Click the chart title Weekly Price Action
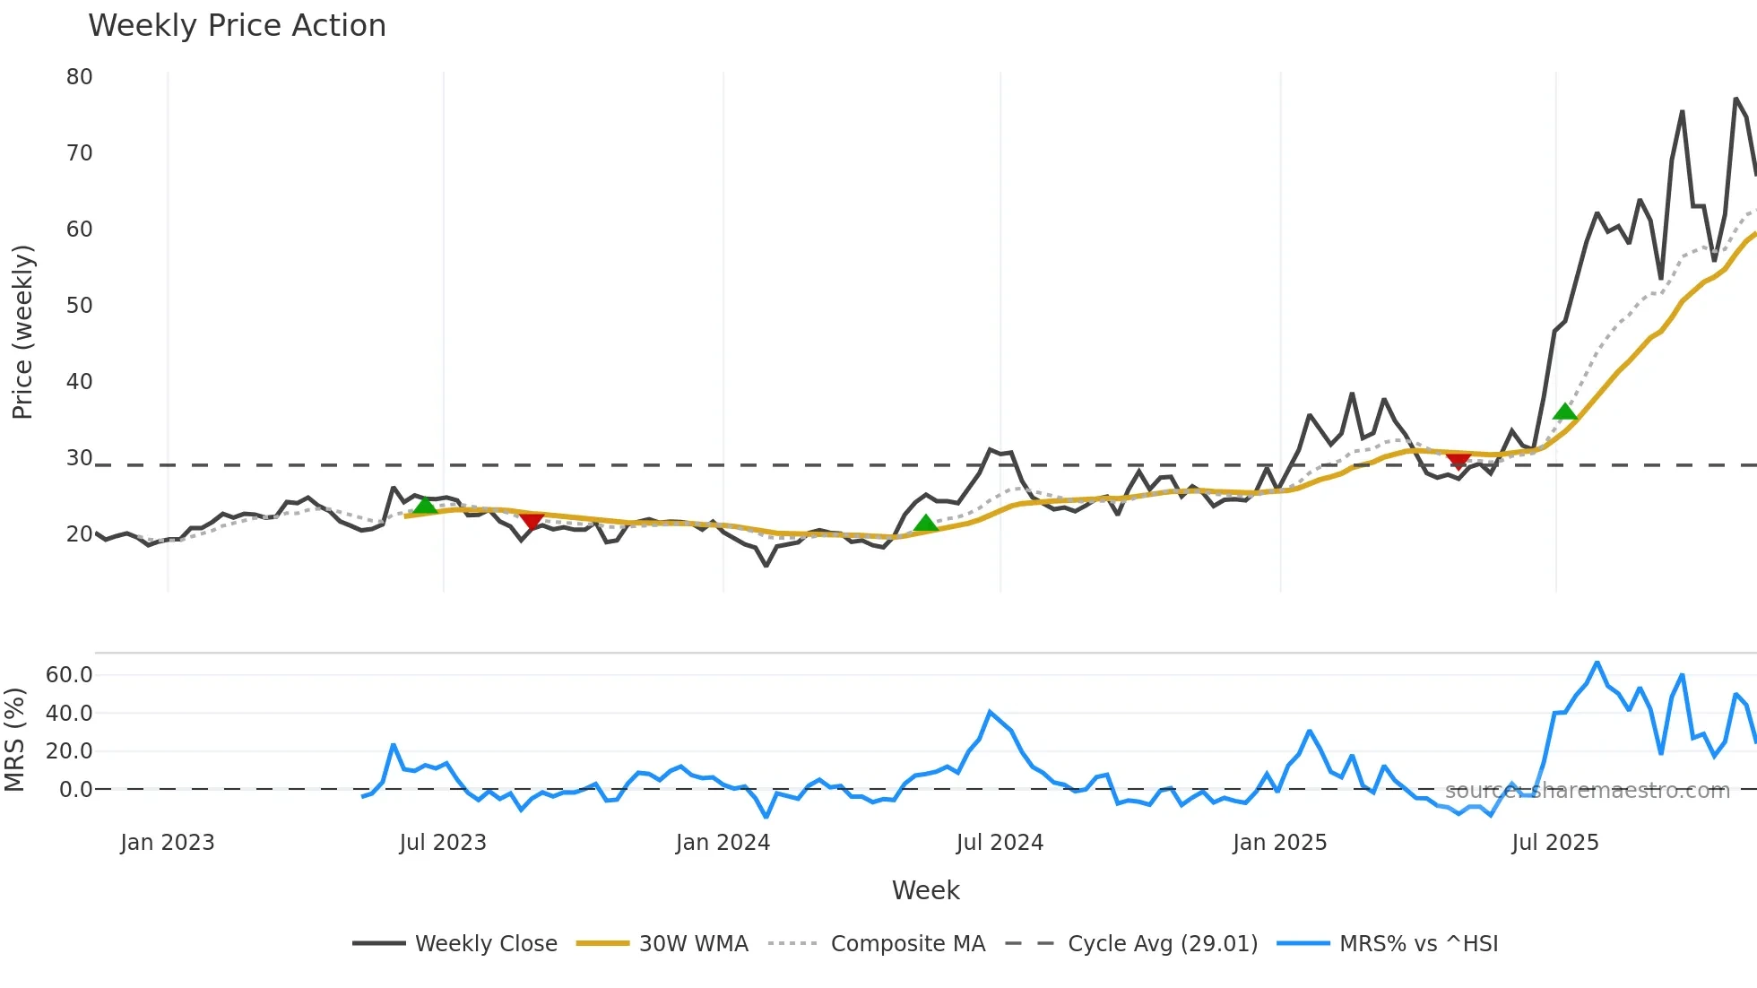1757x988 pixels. pos(237,26)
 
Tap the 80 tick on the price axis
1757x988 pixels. pos(79,77)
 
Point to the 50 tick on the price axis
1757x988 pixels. pos(79,306)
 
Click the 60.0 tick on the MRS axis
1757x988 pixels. pos(69,675)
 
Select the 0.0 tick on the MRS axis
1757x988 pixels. pos(75,790)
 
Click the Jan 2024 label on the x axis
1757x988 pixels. pos(723,843)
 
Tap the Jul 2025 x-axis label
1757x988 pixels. pos(1554,843)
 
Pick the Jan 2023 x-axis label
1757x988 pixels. pos(168,843)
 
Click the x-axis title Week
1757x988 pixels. pos(925,890)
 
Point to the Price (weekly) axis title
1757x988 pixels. pos(22,332)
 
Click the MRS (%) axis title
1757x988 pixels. pos(14,740)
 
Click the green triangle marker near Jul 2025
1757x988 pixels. pos(1564,412)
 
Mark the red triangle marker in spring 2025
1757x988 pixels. pos(1458,461)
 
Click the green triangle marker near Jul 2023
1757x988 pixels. pos(425,506)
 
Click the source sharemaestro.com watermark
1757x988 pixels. pos(1587,791)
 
